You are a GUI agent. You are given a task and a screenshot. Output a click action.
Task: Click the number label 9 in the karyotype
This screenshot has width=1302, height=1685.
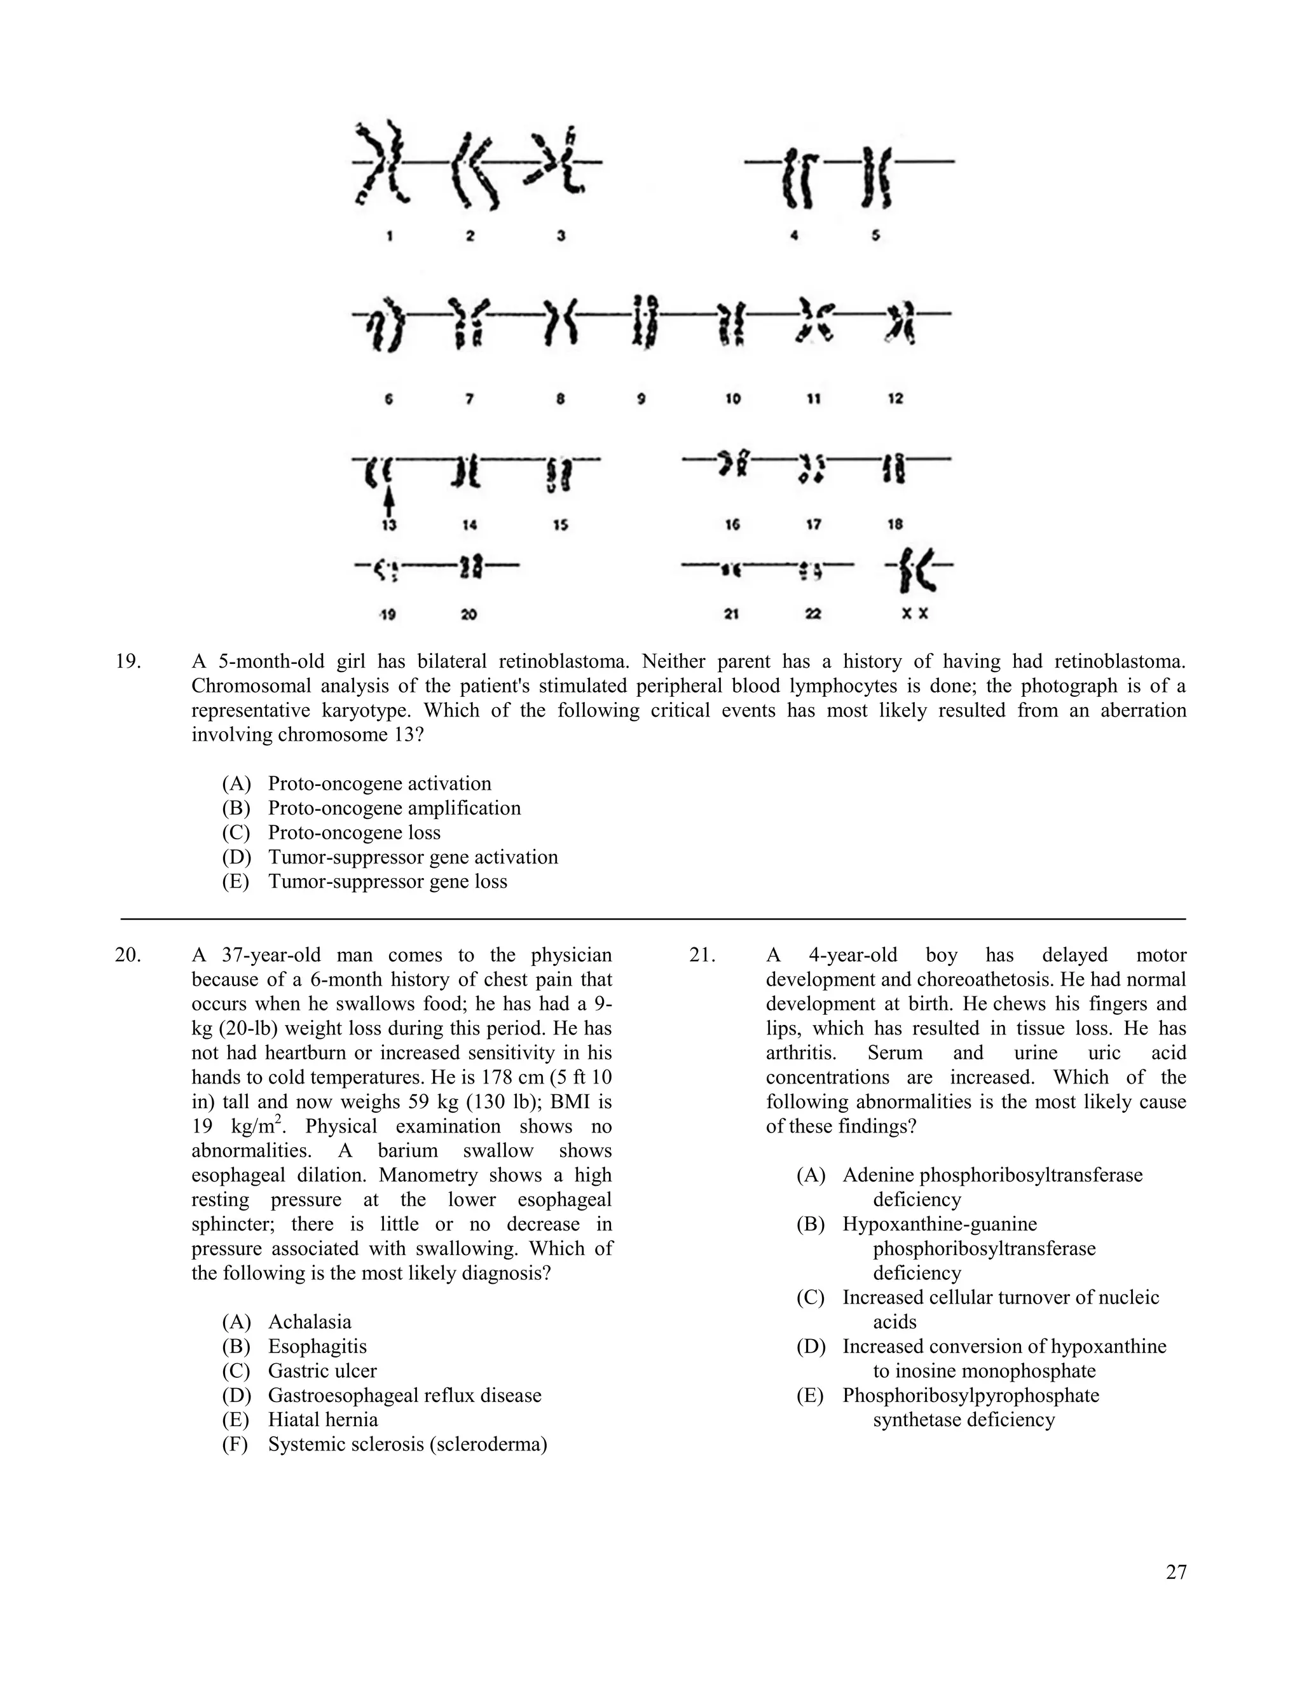coord(641,399)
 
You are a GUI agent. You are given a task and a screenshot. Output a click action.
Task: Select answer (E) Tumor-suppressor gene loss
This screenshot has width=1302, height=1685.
coord(387,881)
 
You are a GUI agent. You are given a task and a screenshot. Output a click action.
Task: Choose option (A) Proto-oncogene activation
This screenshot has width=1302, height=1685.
coord(379,783)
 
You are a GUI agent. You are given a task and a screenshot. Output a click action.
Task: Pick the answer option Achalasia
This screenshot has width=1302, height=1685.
coord(310,1322)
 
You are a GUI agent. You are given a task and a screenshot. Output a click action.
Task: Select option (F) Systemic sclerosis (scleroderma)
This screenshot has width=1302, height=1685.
coord(408,1444)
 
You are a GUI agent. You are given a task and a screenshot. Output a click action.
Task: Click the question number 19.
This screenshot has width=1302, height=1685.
coord(128,661)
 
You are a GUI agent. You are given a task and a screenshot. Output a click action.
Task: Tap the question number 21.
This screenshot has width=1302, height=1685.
coord(702,955)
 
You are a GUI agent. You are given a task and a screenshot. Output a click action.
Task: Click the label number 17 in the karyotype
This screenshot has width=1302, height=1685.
coord(813,525)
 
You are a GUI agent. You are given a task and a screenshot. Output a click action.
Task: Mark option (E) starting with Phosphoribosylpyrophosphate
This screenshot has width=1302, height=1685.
coord(970,1395)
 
